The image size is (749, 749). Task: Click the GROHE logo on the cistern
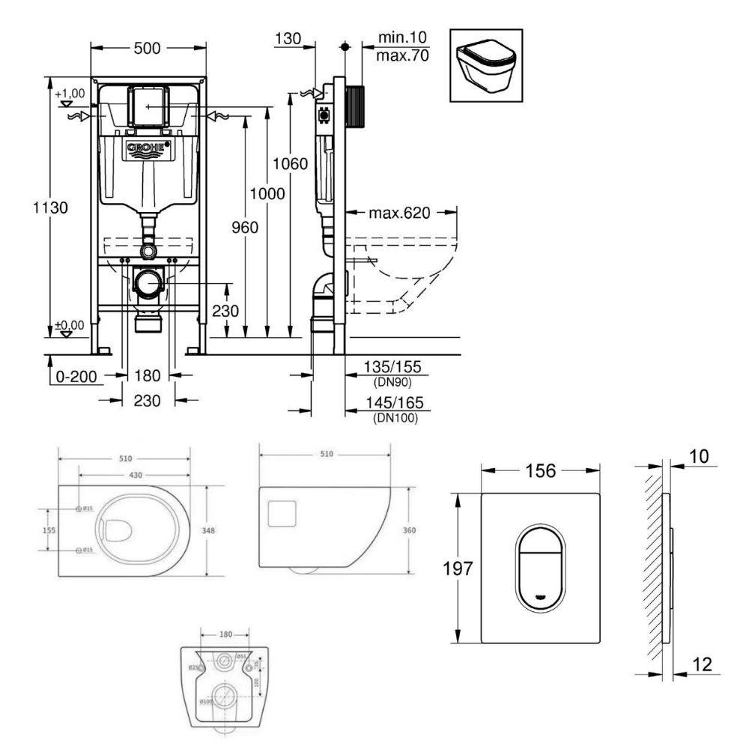[x=147, y=149]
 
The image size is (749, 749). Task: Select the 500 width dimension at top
[x=147, y=48]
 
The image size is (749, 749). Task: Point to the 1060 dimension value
[x=291, y=163]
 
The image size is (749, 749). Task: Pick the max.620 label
[x=399, y=213]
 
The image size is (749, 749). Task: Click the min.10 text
[x=402, y=37]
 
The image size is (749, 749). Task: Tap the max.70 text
[x=402, y=54]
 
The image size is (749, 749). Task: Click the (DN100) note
[x=395, y=418]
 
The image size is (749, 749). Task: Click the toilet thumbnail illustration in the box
[x=485, y=64]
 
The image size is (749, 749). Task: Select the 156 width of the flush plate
[x=539, y=470]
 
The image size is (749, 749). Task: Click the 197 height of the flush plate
[x=462, y=568]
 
